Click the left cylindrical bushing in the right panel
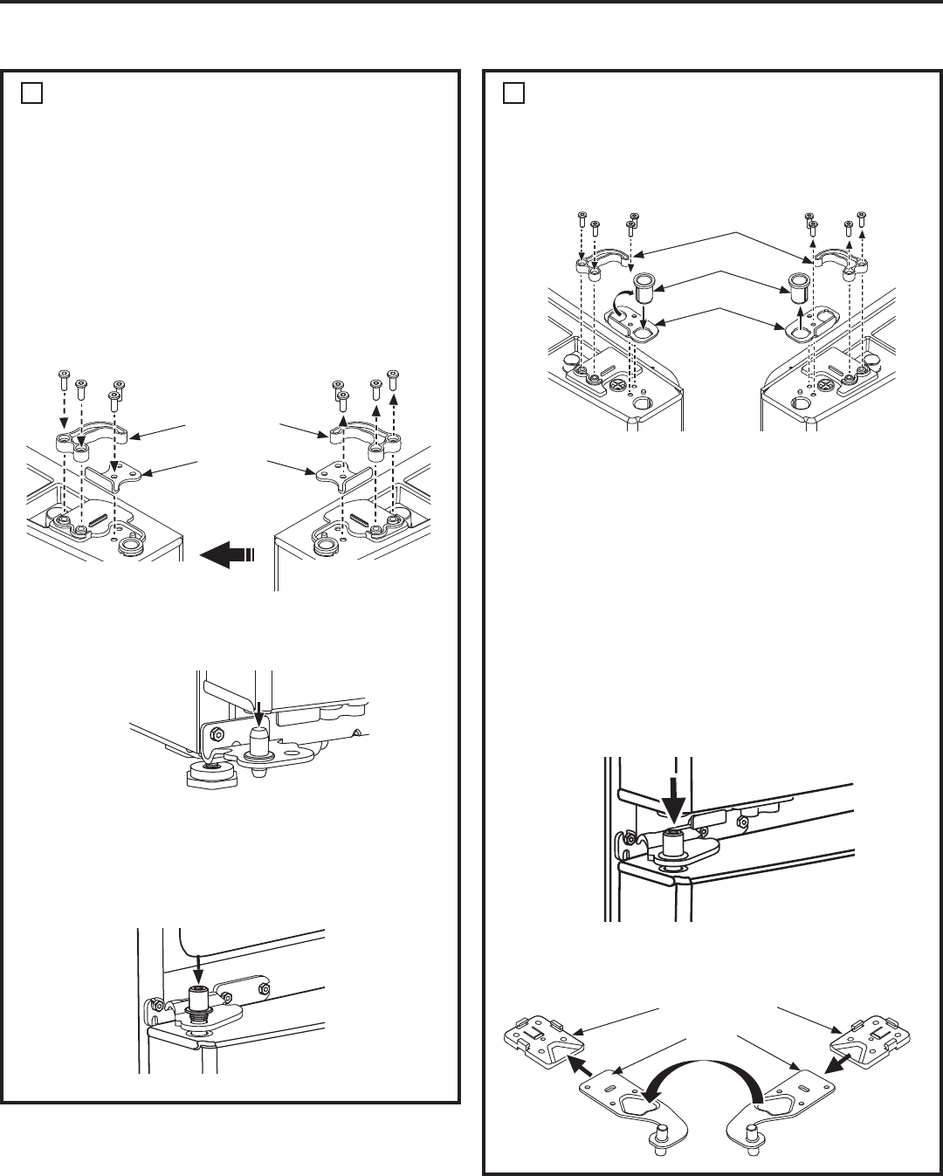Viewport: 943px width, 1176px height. tap(644, 285)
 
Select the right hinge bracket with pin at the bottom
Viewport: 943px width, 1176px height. tap(781, 1104)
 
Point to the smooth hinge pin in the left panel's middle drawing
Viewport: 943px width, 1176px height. tap(258, 740)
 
